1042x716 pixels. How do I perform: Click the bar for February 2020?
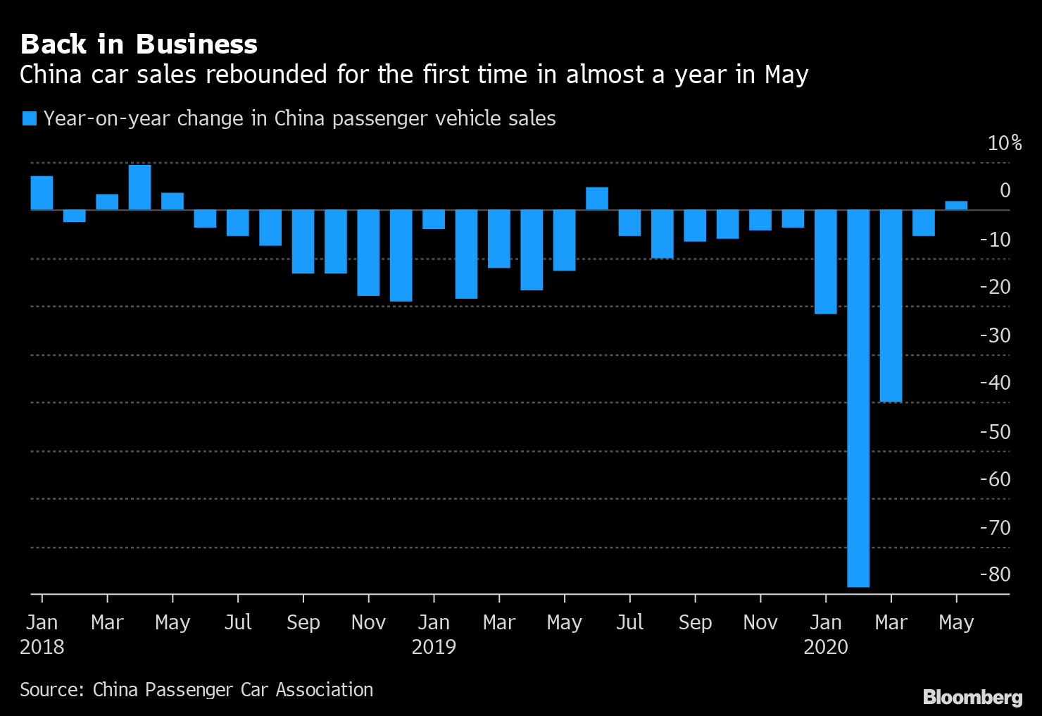click(x=858, y=398)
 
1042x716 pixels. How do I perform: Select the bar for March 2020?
click(x=891, y=306)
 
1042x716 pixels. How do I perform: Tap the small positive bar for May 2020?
click(x=956, y=205)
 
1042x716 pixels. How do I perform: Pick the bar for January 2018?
click(x=42, y=193)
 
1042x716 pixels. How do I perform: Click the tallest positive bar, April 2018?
click(x=139, y=187)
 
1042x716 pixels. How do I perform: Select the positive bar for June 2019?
click(x=597, y=199)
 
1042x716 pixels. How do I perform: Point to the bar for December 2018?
click(x=401, y=256)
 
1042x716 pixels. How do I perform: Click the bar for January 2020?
click(x=826, y=261)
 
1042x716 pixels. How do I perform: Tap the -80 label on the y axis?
click(x=995, y=574)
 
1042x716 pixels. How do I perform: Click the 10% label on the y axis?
click(x=1004, y=143)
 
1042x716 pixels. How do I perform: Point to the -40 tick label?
click(x=995, y=383)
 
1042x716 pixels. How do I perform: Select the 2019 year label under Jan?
click(x=434, y=647)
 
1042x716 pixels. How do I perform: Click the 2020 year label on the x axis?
click(x=826, y=647)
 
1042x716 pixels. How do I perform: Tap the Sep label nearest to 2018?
click(x=303, y=622)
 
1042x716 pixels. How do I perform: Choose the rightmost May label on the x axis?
click(x=956, y=622)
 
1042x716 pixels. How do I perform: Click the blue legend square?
click(x=29, y=118)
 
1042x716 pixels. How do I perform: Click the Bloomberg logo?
click(x=972, y=697)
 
